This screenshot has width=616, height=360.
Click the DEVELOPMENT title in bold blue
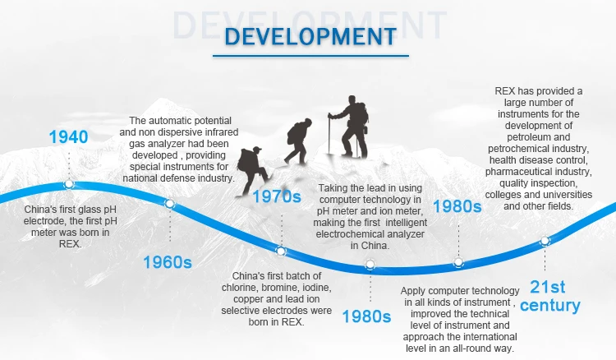[310, 36]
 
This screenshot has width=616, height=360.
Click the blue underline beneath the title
[310, 56]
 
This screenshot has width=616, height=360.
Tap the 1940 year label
[68, 137]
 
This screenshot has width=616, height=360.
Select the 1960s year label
[168, 262]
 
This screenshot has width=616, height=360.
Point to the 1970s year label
[277, 196]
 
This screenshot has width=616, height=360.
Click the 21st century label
[549, 297]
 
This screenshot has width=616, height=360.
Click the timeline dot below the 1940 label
[69, 184]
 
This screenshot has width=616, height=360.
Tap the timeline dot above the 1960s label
[169, 204]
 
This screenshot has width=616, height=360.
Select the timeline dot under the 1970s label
[281, 251]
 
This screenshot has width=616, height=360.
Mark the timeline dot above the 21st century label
[545, 241]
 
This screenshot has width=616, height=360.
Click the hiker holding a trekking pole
[350, 127]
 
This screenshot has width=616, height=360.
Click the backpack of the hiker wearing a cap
[246, 159]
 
